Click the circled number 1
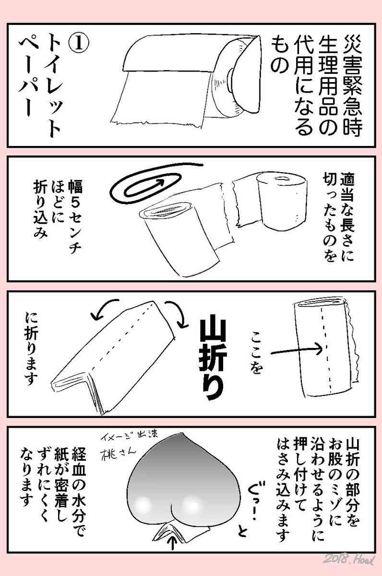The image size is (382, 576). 78,44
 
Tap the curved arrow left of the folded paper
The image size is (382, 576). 103,309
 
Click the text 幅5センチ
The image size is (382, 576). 75,216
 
